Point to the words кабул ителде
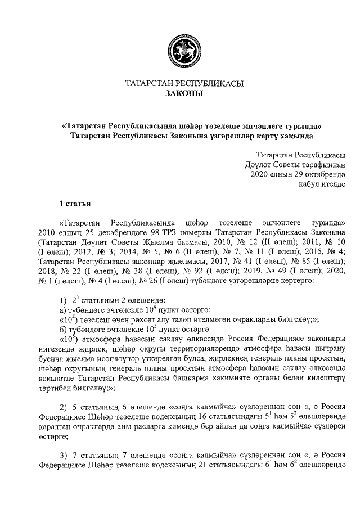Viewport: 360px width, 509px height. tap(323, 183)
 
